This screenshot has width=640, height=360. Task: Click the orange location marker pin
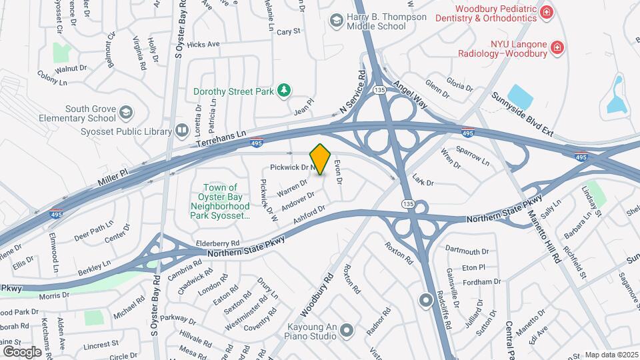(x=321, y=159)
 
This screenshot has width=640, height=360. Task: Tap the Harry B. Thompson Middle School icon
(x=337, y=21)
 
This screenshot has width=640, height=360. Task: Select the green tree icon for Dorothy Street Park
(x=285, y=89)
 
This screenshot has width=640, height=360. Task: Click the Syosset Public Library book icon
(x=181, y=131)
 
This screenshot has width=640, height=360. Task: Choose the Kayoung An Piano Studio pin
(x=346, y=329)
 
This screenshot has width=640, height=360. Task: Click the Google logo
(x=22, y=351)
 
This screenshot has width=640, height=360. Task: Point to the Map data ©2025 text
(x=611, y=355)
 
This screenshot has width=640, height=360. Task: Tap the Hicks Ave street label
(x=203, y=45)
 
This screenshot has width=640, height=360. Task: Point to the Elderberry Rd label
(x=217, y=244)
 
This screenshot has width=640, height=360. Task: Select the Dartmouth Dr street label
(x=466, y=251)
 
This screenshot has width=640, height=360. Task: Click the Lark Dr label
(x=423, y=181)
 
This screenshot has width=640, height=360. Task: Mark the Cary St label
(x=289, y=31)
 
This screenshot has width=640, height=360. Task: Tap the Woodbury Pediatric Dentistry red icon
(x=547, y=12)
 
